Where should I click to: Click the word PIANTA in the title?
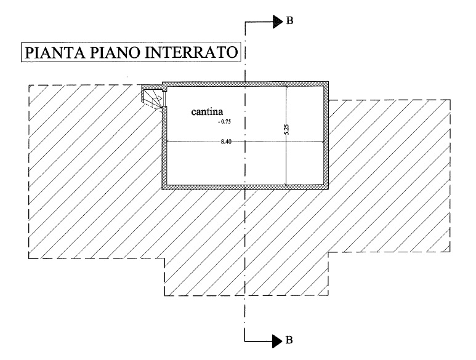click(54, 52)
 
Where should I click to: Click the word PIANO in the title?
click(114, 52)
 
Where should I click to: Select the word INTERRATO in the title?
click(191, 52)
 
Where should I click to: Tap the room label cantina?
click(207, 112)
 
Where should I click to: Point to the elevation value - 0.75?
click(225, 122)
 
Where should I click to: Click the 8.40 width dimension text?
click(226, 142)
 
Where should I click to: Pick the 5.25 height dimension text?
click(287, 129)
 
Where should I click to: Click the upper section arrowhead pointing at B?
click(278, 22)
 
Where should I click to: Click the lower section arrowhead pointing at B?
click(278, 341)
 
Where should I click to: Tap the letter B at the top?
click(290, 21)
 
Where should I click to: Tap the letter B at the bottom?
click(289, 340)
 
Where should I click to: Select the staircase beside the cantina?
click(153, 97)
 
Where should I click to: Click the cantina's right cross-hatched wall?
click(326, 135)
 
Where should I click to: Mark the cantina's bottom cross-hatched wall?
click(245, 187)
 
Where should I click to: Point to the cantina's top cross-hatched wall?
click(245, 84)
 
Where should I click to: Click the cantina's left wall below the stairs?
click(164, 148)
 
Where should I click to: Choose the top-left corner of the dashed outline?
click(29, 85)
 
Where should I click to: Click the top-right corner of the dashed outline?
click(450, 100)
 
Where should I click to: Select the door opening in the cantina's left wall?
click(165, 99)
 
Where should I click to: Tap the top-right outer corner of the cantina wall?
click(328, 82)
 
